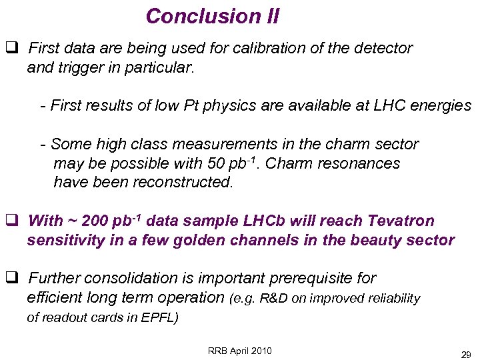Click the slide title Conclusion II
pos(212,16)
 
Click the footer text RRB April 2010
pos(240,351)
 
